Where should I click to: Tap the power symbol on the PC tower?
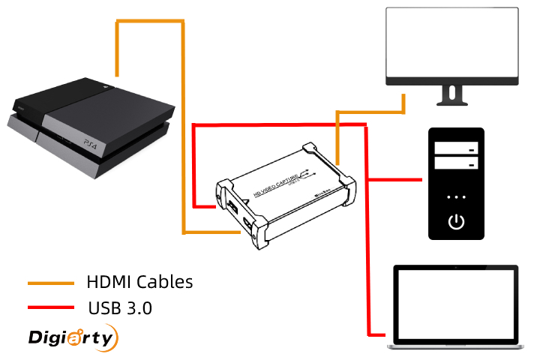coord(457,221)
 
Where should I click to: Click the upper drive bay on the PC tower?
coord(457,148)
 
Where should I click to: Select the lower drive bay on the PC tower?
coord(457,163)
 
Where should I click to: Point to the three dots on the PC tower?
coord(457,197)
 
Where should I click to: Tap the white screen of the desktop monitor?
coord(451,43)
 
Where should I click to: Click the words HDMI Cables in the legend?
coord(139,282)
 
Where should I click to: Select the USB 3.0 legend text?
coord(120,307)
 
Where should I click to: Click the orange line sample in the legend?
coord(51,283)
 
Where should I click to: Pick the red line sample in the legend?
coord(51,307)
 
